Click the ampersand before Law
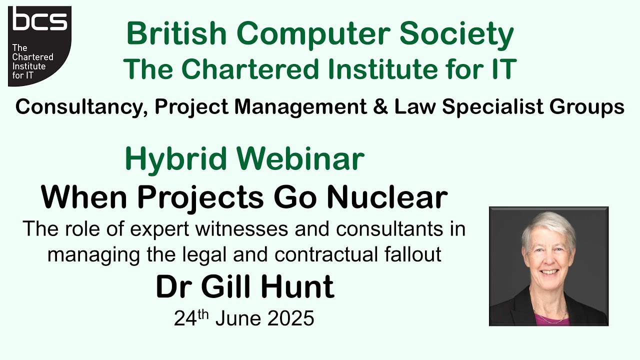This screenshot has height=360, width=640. tap(382, 106)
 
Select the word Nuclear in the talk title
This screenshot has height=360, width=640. tap(387, 197)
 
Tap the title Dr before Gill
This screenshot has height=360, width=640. tap(173, 287)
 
